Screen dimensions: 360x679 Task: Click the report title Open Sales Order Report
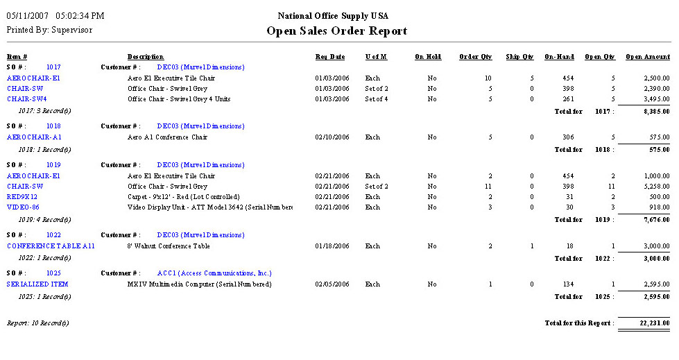click(337, 31)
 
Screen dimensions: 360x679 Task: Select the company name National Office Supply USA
click(333, 16)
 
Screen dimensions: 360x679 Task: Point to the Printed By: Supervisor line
click(49, 30)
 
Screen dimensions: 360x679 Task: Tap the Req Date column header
click(330, 57)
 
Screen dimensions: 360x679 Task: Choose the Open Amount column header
click(647, 57)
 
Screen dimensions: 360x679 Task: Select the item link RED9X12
click(22, 197)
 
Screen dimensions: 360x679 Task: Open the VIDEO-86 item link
click(23, 207)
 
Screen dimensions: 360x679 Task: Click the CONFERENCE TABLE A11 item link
click(51, 246)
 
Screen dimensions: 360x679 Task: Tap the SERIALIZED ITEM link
click(37, 284)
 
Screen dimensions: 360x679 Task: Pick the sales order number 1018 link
click(53, 126)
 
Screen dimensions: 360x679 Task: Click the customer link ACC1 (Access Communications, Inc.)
click(214, 273)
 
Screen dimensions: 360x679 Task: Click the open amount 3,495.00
click(654, 98)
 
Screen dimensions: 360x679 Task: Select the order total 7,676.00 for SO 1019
click(654, 220)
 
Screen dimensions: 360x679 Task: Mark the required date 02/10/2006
click(332, 137)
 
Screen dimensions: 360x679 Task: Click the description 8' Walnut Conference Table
click(169, 246)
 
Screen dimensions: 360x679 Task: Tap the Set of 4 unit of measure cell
click(377, 98)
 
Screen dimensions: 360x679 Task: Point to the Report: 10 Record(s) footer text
click(38, 323)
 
